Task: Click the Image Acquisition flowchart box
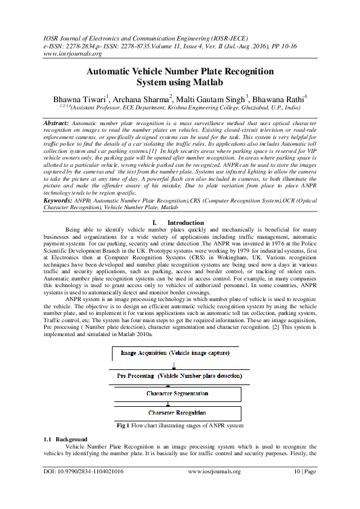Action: (x=174, y=352)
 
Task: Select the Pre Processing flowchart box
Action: (x=180, y=376)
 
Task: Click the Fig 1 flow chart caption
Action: (x=180, y=426)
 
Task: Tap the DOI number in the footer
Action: (x=83, y=471)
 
